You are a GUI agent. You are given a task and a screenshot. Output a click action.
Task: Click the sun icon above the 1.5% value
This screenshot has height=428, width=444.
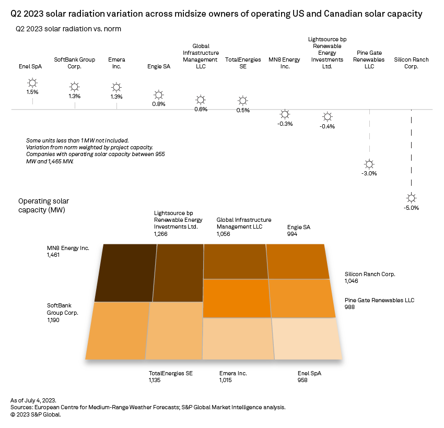tap(32, 82)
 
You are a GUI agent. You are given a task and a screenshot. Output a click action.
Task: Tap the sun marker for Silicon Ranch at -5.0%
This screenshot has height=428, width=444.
tap(412, 198)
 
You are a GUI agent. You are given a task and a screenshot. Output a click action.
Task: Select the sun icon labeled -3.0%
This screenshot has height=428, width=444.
tap(369, 163)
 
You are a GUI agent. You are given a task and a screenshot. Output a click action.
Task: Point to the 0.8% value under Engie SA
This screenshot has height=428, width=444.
tap(159, 104)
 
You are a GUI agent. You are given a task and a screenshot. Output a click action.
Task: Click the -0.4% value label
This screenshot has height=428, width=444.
tap(328, 126)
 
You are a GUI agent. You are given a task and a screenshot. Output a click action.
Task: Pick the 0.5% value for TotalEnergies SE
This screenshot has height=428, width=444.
tap(242, 110)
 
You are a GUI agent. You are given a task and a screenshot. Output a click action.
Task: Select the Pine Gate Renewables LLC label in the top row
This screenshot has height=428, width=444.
tap(370, 60)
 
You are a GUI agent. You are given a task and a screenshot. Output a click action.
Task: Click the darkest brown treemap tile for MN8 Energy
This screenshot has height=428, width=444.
tap(126, 272)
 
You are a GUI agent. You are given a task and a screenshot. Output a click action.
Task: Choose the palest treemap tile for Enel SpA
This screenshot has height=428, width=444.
tap(307, 338)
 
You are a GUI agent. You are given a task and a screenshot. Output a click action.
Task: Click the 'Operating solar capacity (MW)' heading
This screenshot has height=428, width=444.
tap(43, 205)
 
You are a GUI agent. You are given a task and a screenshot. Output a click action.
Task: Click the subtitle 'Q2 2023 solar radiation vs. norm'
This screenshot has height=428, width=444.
tap(68, 29)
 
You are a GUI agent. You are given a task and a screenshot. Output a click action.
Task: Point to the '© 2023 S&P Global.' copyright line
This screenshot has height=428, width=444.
tap(36, 414)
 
